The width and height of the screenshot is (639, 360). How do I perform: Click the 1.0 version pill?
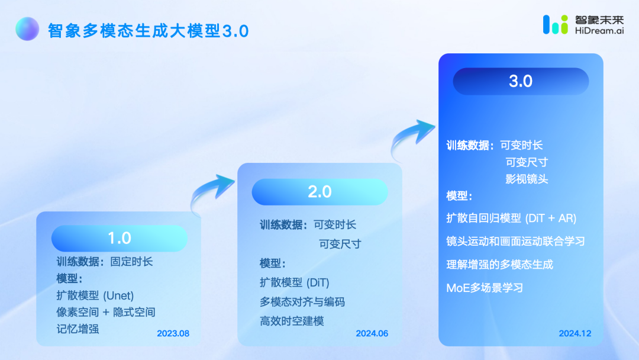coord(120,238)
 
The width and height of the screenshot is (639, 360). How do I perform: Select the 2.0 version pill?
coord(320,192)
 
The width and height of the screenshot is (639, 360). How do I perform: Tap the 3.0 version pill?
coord(521,81)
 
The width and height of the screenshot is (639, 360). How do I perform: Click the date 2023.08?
coord(173,333)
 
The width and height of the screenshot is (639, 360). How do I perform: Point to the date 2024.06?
coord(372,333)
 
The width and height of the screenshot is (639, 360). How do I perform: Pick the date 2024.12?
coord(575,333)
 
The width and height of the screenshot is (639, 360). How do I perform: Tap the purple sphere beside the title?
coord(27,29)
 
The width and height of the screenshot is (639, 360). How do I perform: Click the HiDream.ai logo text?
coord(599,31)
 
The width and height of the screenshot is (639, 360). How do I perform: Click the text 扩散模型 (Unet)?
coord(95,295)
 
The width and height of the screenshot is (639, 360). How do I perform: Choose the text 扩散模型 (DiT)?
coord(295,282)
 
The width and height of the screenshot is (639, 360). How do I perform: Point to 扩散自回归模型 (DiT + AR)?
coord(511,218)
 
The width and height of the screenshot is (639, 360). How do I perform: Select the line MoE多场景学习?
coord(485,288)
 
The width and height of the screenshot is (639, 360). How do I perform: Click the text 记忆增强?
coord(78,329)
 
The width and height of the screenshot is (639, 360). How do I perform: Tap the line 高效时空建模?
coord(292,322)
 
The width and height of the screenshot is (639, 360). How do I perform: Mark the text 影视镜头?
coord(527,179)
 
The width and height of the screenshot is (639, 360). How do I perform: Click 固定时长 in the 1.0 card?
coord(131,262)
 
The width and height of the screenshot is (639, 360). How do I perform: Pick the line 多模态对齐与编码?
coord(302,302)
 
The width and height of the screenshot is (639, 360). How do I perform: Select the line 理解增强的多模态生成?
coord(500,265)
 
